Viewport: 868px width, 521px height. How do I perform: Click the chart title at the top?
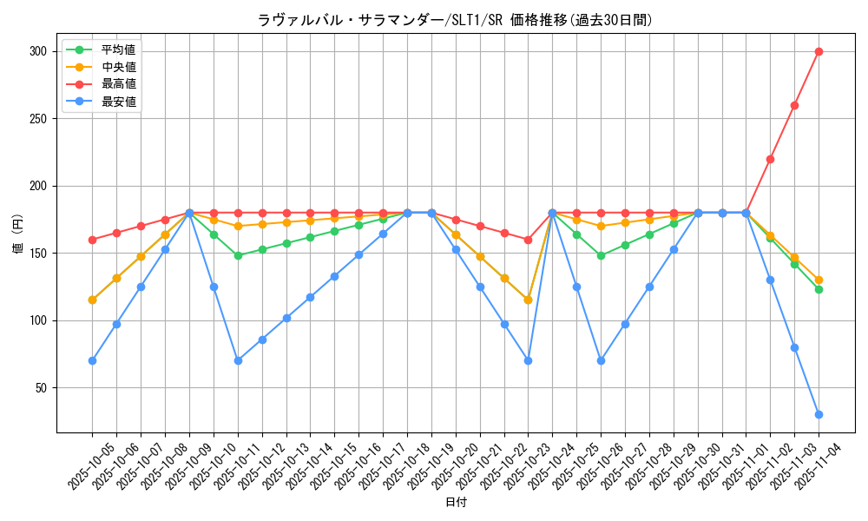tap(455, 20)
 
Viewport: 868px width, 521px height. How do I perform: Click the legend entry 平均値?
tap(118, 50)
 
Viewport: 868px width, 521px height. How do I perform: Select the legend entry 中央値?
tap(118, 68)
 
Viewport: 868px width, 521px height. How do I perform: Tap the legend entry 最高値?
tap(118, 84)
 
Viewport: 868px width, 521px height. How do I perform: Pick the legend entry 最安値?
tap(118, 102)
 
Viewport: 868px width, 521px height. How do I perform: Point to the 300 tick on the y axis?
tap(36, 51)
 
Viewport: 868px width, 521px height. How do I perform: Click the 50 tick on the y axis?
tap(40, 388)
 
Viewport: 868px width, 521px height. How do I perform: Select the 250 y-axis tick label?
tap(36, 119)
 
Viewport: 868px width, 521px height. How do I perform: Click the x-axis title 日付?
tap(456, 503)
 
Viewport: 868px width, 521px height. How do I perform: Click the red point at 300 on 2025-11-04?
tap(819, 51)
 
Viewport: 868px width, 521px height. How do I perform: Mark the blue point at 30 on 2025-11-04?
tap(819, 414)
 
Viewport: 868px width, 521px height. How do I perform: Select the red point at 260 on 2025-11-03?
tap(794, 105)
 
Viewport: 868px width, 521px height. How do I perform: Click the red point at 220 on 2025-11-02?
tap(770, 159)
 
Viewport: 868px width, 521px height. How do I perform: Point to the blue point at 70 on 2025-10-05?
tap(92, 360)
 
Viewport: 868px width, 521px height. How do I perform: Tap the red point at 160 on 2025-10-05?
tap(92, 240)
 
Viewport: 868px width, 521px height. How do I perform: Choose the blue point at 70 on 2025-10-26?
tap(601, 360)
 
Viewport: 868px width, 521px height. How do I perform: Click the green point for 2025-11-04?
tap(819, 289)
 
